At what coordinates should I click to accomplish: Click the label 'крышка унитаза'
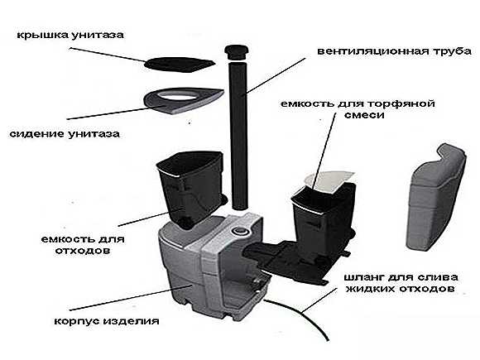70,35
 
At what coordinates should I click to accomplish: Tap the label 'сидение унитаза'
65,134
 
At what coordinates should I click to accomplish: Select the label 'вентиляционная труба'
394,51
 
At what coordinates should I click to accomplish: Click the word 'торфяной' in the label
401,104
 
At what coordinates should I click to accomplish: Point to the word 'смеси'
364,115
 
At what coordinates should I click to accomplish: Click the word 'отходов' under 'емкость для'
83,251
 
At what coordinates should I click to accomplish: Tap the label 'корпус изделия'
107,321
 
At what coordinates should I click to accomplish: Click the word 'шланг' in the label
363,277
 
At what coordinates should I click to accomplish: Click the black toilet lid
179,65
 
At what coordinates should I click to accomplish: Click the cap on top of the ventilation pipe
236,52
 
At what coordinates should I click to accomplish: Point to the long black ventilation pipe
239,135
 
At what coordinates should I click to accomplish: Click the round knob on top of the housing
239,230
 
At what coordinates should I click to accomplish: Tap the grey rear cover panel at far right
436,198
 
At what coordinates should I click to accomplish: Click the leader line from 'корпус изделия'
130,298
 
